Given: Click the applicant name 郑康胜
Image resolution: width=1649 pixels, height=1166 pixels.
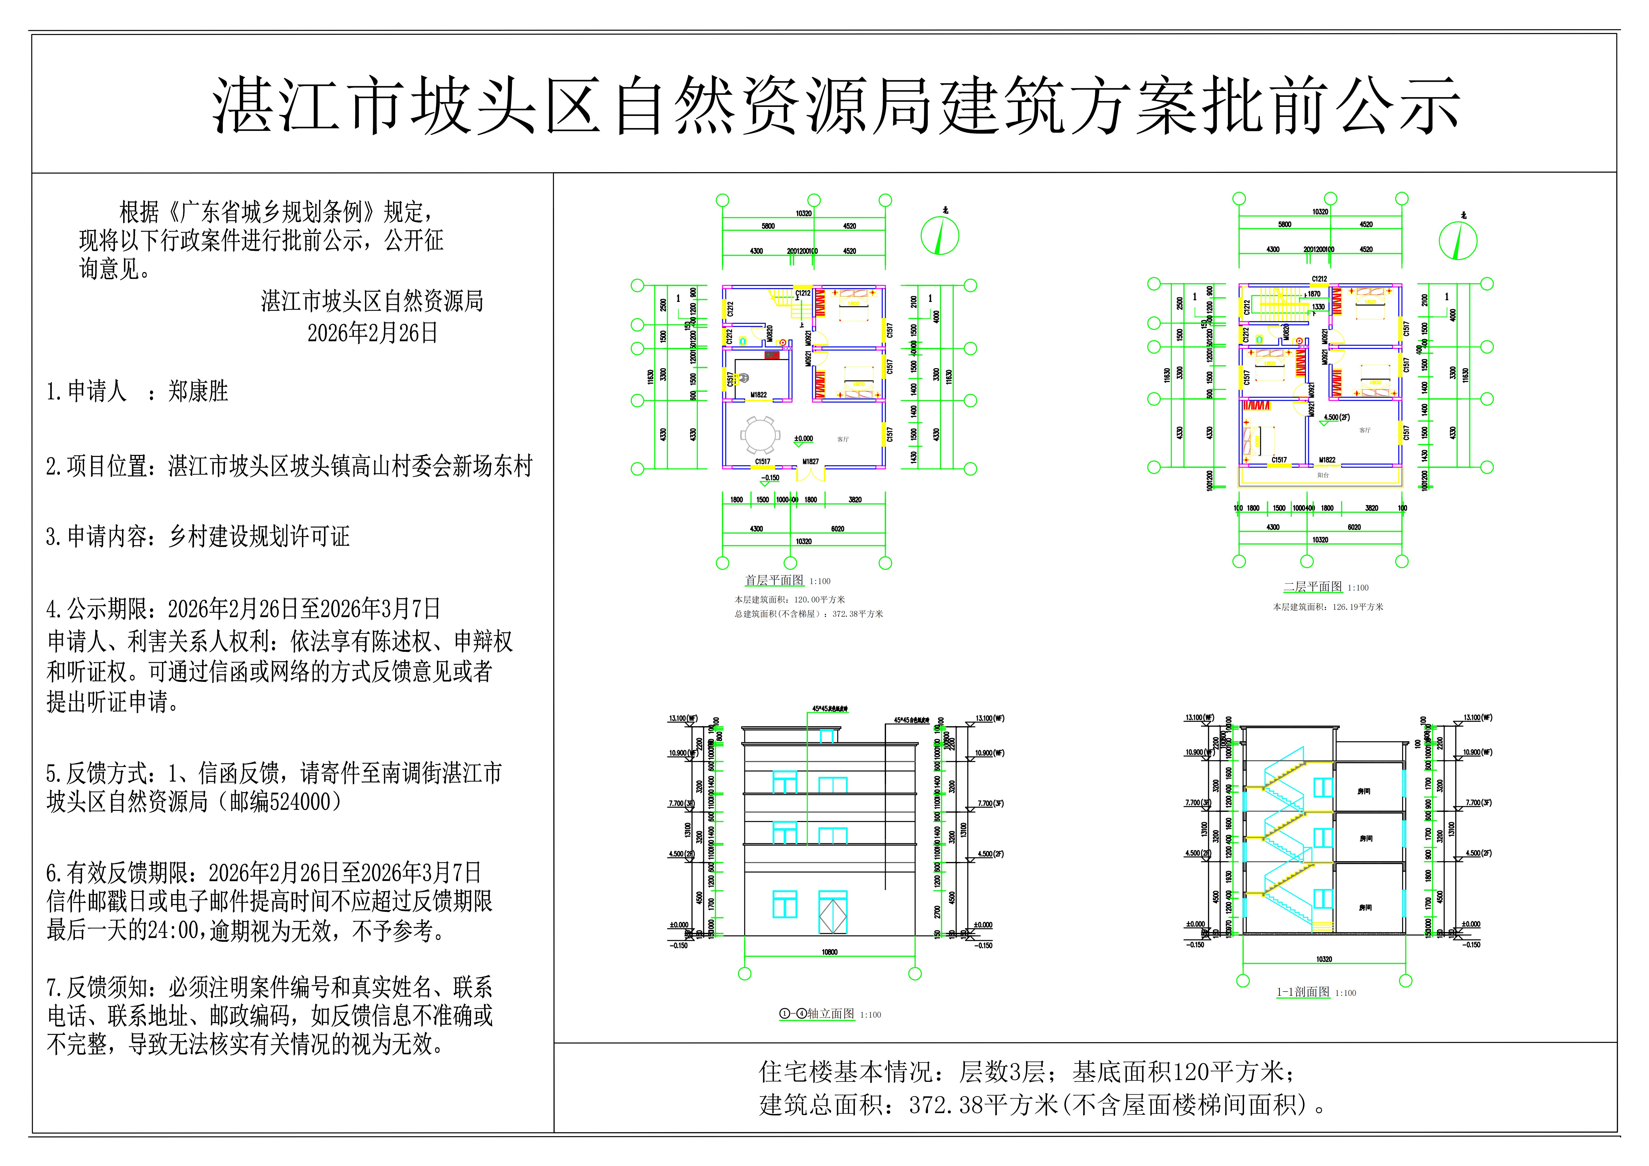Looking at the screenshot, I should click(198, 392).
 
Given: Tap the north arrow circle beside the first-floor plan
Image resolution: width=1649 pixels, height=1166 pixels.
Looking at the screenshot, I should click(940, 236).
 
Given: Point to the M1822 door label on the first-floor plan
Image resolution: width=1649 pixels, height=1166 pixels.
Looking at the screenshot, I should click(758, 395).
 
